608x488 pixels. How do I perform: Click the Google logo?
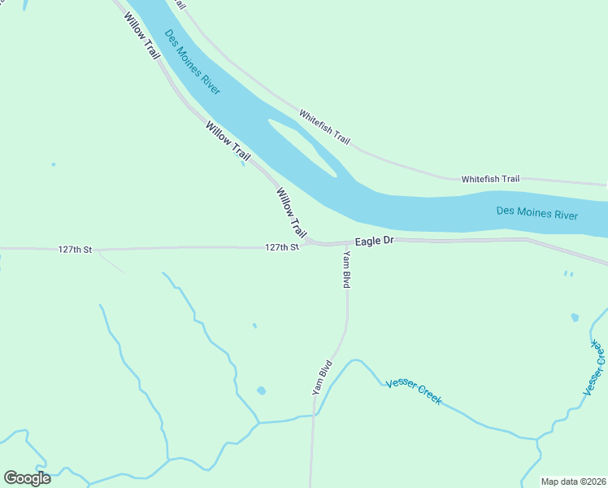tap(27, 478)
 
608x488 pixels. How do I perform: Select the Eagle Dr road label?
tap(374, 242)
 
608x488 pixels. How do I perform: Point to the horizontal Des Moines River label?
tap(536, 214)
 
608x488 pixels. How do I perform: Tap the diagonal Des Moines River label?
tap(192, 63)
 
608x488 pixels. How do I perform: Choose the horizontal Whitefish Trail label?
tap(490, 179)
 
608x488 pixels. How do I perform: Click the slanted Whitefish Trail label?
tap(324, 128)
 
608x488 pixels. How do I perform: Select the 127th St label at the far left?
tap(76, 249)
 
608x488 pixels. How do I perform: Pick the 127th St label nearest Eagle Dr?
tap(282, 246)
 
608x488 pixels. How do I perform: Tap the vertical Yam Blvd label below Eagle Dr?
tap(346, 270)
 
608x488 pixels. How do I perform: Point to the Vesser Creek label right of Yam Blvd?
tap(414, 391)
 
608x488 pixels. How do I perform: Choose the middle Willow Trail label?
tap(228, 140)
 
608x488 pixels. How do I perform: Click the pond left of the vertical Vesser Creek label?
tap(575, 316)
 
